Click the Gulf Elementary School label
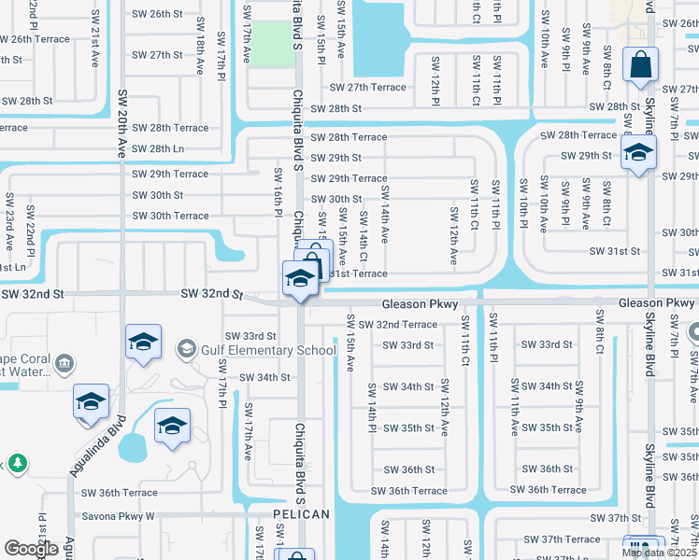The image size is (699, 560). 270,350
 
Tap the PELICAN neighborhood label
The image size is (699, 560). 302,514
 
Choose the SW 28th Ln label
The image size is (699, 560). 158,148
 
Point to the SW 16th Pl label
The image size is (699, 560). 278,189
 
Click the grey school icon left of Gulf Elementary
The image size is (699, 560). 186,349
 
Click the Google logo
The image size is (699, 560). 31,549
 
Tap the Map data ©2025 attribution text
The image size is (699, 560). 659,553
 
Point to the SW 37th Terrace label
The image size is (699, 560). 562,539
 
